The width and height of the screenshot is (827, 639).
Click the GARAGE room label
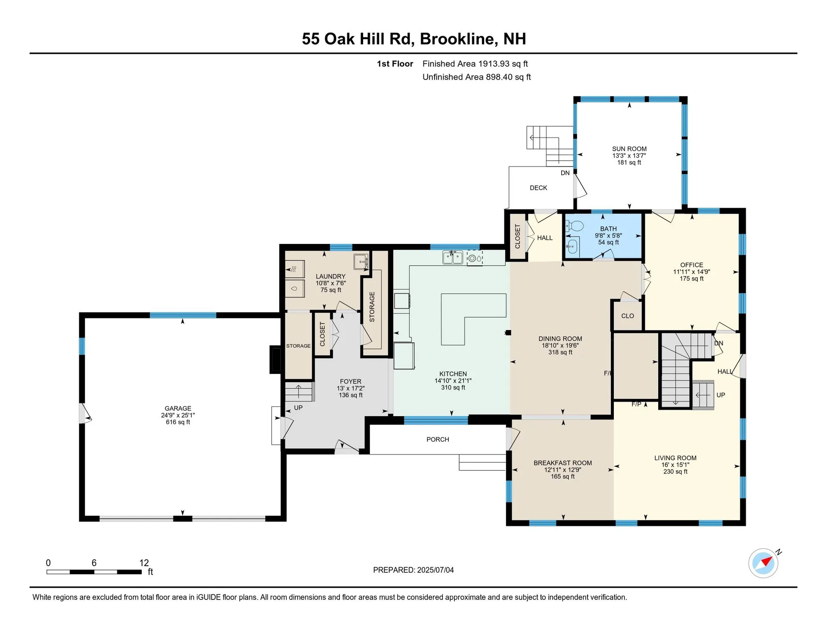177,408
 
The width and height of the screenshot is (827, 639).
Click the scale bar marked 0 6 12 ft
94,572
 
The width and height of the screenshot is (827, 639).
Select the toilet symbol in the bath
575,226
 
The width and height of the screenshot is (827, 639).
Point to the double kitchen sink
452,258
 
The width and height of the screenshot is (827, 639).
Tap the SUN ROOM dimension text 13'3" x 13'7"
629,156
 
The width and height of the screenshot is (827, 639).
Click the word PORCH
438,439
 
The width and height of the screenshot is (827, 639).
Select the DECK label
538,188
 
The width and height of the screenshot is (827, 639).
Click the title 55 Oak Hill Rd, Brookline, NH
413,39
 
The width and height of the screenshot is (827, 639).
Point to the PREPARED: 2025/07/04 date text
413,570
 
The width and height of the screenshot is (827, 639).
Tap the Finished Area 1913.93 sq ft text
475,64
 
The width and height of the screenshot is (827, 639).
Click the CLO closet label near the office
627,316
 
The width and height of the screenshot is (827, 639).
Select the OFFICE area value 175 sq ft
691,279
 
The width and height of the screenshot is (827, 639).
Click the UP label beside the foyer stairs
298,408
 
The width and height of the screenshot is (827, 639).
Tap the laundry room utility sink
361,261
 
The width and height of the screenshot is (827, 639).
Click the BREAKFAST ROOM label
563,463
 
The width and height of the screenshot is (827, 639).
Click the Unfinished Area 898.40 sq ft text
476,77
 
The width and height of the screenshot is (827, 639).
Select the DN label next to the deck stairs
565,173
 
